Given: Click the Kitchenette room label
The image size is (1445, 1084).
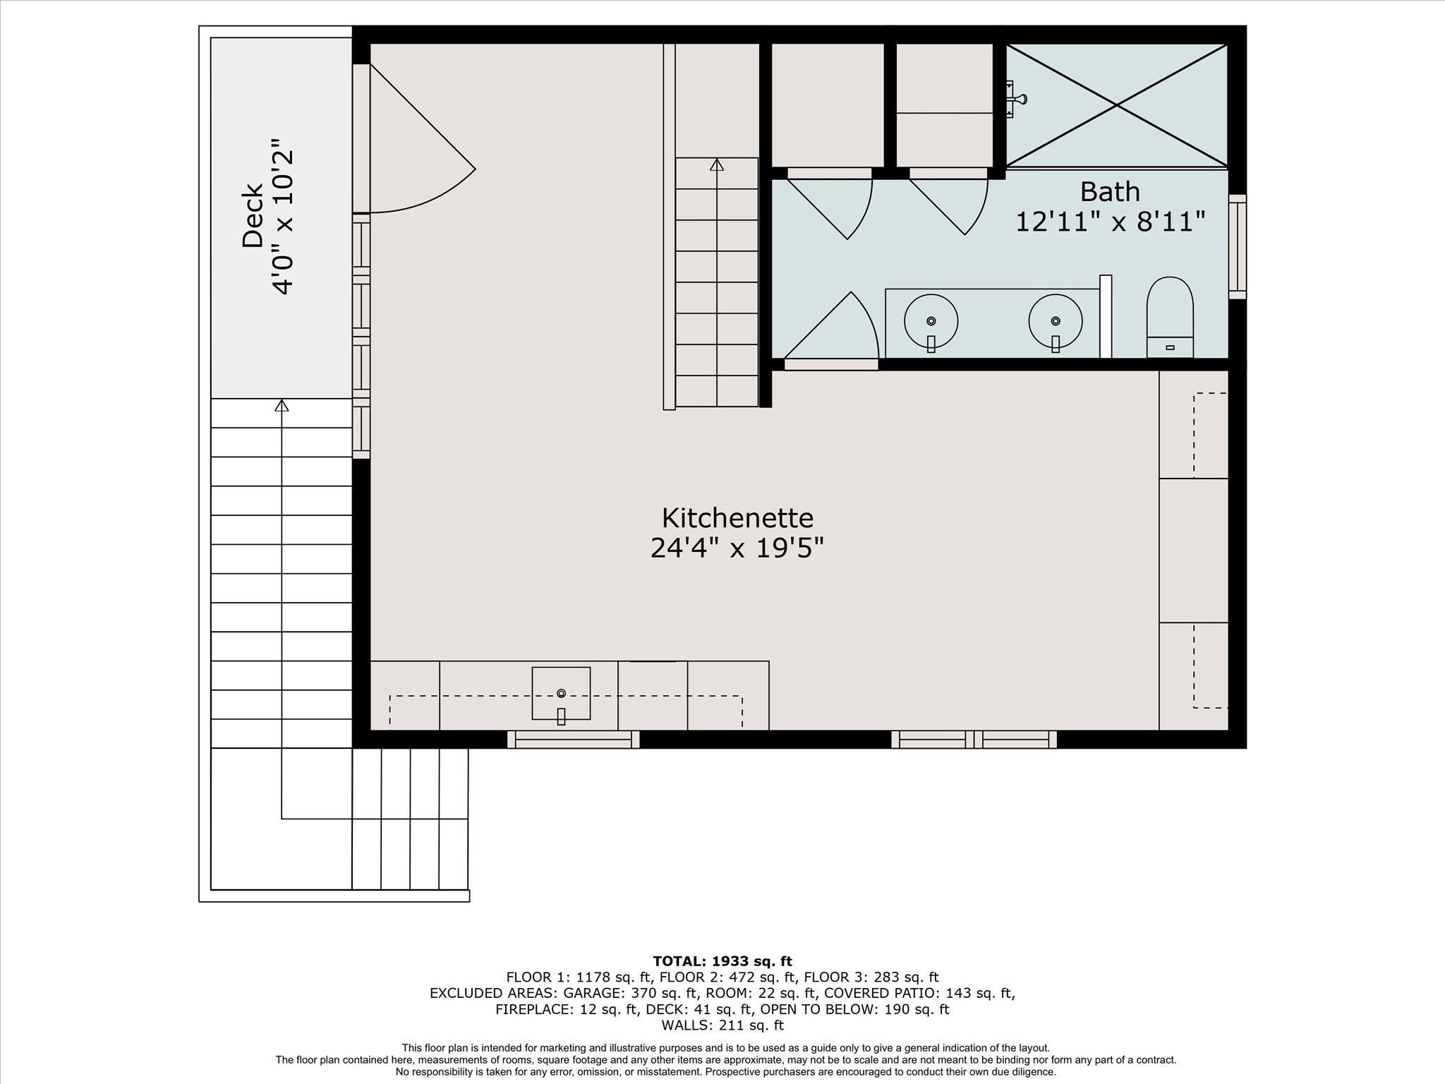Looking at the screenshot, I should (737, 518).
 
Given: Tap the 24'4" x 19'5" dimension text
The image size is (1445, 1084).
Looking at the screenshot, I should (737, 548).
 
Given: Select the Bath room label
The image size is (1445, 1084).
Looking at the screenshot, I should (1109, 192).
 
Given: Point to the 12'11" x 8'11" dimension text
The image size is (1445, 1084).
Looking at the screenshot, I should (1109, 222).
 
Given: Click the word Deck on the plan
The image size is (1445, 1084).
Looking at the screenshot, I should (253, 216).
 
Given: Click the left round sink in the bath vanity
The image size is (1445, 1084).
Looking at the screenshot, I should (931, 321).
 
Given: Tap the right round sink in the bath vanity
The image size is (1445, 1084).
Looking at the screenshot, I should (1055, 321).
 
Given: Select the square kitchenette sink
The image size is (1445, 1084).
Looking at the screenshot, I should (561, 694).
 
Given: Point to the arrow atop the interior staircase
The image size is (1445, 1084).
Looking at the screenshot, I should (717, 164).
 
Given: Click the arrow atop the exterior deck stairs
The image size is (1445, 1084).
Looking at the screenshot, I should (282, 405).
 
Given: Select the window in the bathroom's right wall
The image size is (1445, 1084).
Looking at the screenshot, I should (1237, 247).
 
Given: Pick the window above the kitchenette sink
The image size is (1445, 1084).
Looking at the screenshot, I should (573, 739).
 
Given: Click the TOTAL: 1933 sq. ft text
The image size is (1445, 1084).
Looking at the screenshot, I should (722, 961).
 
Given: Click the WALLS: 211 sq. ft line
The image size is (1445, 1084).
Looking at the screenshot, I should (722, 1025).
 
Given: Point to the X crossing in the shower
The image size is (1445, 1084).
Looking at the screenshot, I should (1117, 105).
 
